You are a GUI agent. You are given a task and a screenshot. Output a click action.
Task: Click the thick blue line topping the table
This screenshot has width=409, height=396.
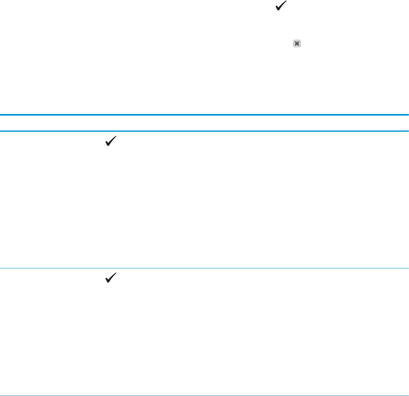[x=204, y=115]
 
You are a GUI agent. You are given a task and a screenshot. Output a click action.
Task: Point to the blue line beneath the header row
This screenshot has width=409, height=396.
[x=204, y=131]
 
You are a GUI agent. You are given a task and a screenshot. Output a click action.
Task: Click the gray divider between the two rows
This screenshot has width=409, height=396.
[x=204, y=268]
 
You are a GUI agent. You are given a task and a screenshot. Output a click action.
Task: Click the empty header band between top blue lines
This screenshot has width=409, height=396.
[x=204, y=123]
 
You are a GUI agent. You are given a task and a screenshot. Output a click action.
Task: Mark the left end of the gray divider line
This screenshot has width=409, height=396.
[x=1, y=268]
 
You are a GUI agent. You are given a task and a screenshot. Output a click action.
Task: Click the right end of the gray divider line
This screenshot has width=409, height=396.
[x=408, y=268]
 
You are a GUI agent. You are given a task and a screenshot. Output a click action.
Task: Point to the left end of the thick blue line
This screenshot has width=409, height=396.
[x=1, y=115]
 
